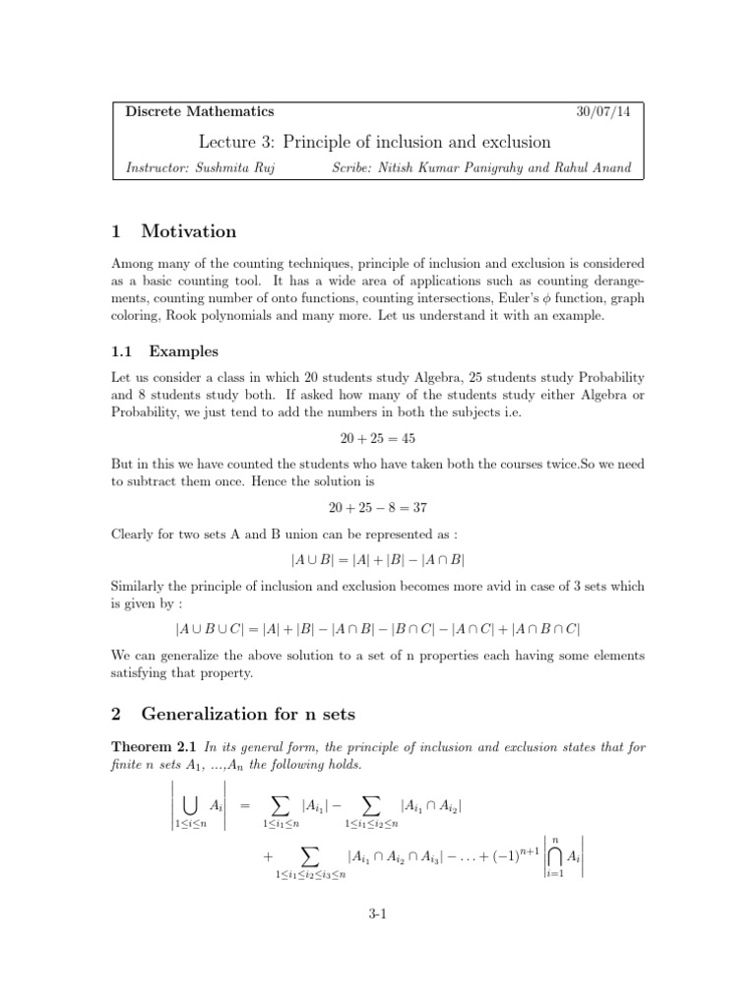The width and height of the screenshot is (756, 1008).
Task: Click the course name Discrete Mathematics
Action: click(200, 112)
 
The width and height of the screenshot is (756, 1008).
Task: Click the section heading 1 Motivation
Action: click(174, 232)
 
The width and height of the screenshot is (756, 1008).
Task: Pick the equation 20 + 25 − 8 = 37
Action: click(378, 509)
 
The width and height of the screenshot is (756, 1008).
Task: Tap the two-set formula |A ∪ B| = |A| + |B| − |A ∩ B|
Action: click(378, 559)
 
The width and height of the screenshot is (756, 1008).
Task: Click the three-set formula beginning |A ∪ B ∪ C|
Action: click(378, 628)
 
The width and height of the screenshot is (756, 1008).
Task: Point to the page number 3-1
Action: click(378, 914)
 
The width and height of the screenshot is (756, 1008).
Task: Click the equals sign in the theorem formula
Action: click(246, 805)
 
